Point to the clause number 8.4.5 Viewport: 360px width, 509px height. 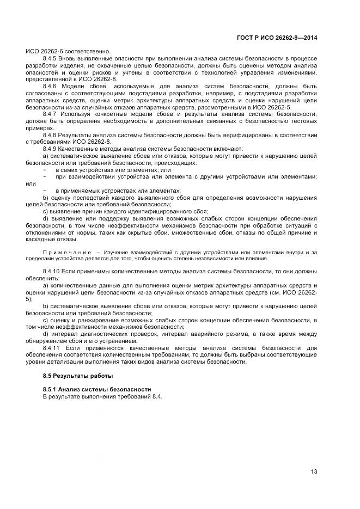[51, 58]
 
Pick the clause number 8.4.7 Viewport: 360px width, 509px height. [51, 114]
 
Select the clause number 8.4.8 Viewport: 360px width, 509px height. [51, 134]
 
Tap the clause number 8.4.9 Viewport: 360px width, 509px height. [51, 149]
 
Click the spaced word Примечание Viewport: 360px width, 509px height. [66, 252]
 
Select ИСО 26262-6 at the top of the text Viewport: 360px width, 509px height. [45, 51]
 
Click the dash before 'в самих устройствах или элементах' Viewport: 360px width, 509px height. [44, 170]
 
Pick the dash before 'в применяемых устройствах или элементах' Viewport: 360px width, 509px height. [44, 191]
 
